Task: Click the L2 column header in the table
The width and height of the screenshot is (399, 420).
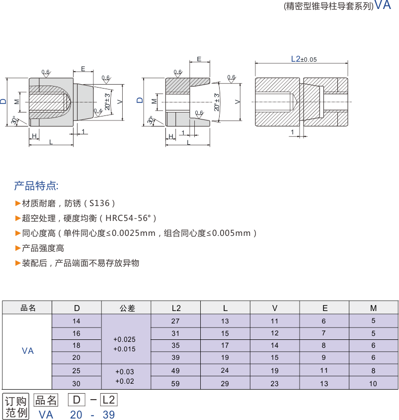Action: (175, 308)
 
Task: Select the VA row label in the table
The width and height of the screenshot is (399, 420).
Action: (28, 351)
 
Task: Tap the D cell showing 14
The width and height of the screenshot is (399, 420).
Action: (76, 321)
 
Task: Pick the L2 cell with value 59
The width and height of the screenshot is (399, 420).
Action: (175, 384)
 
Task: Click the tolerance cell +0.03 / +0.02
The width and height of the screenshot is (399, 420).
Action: (124, 376)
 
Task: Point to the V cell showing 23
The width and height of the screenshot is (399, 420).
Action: (275, 384)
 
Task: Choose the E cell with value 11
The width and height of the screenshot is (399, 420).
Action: (324, 371)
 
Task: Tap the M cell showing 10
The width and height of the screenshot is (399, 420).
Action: (373, 384)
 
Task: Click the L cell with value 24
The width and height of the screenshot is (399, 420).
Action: (225, 371)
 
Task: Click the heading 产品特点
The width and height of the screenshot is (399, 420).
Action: (36, 187)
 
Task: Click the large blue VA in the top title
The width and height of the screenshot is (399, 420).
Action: (383, 5)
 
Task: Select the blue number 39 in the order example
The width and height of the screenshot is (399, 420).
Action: (108, 415)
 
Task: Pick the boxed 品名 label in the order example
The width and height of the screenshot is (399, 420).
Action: (46, 400)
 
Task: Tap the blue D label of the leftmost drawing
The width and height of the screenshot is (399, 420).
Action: (4, 101)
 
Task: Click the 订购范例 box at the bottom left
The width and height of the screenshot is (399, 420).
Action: (15, 407)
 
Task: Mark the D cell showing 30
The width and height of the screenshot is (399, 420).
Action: (76, 384)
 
